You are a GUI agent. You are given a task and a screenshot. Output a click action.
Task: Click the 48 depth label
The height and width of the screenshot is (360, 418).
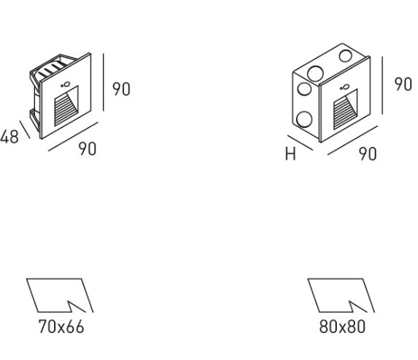pyautogui.click(x=9, y=137)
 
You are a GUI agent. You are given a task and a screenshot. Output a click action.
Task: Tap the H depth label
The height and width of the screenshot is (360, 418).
pyautogui.click(x=290, y=154)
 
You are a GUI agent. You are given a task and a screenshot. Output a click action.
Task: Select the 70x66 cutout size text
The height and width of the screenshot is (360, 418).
pyautogui.click(x=61, y=326)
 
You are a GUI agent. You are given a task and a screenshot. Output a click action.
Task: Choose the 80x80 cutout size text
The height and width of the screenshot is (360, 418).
pyautogui.click(x=342, y=326)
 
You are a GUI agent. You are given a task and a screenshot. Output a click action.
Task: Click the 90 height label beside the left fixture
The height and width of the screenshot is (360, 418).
pyautogui.click(x=121, y=89)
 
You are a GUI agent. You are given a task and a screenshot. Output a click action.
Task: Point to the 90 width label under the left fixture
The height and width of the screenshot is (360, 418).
pyautogui.click(x=88, y=149)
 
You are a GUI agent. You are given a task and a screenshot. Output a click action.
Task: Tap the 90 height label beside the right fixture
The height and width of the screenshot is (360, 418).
pyautogui.click(x=403, y=85)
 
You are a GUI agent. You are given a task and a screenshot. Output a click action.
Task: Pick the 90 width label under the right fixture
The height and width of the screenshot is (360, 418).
pyautogui.click(x=368, y=154)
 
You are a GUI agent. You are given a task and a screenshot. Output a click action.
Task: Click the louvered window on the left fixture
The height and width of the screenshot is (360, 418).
pyautogui.click(x=66, y=107)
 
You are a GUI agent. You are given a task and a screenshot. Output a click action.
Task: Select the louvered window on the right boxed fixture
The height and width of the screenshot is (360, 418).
pyautogui.click(x=345, y=110)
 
